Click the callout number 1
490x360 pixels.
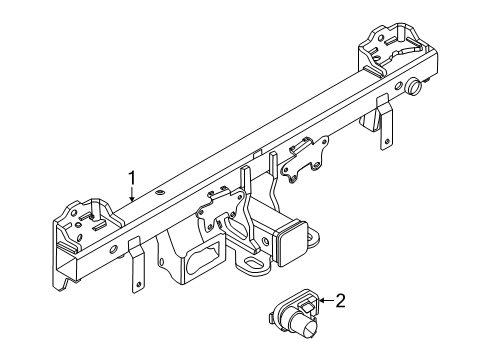(130, 179)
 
